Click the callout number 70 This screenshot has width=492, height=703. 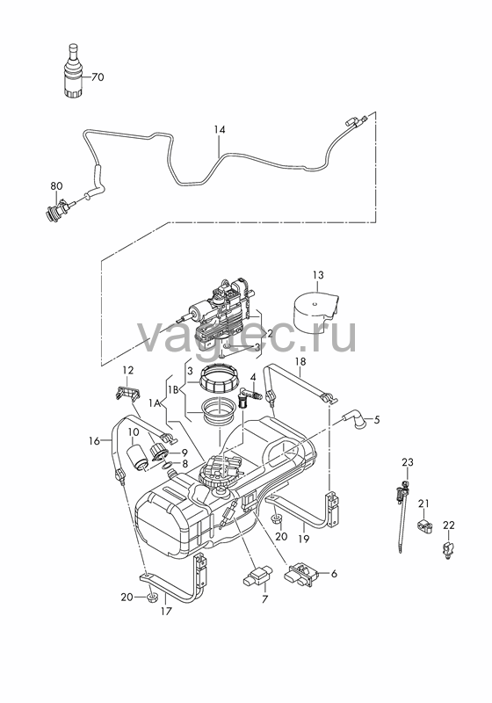pyautogui.click(x=98, y=77)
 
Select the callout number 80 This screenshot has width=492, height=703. pyautogui.click(x=56, y=185)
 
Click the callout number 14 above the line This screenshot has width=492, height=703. pyautogui.click(x=220, y=129)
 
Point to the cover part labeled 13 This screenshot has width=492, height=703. pyautogui.click(x=315, y=310)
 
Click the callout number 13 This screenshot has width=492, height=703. pyautogui.click(x=318, y=275)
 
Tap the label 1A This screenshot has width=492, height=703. pyautogui.click(x=155, y=403)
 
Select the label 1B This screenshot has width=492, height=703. pyautogui.click(x=173, y=389)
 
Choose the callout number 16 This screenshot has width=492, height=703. pyautogui.click(x=94, y=441)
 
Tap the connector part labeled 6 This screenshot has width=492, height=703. pyautogui.click(x=301, y=575)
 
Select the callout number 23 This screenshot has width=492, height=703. pyautogui.click(x=408, y=462)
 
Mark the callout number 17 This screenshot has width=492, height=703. pyautogui.click(x=166, y=611)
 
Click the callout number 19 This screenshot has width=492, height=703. pyautogui.click(x=304, y=538)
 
